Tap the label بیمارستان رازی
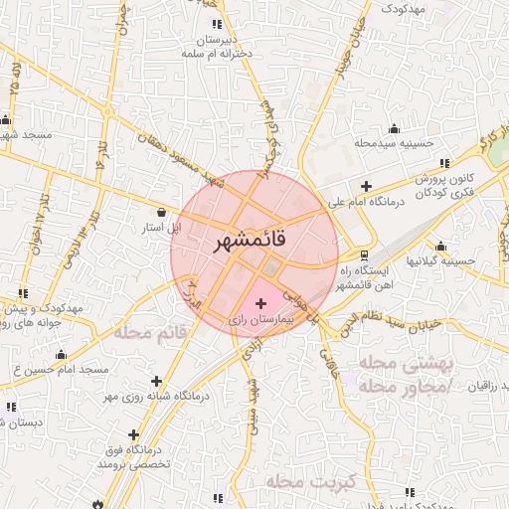click(x=261, y=319)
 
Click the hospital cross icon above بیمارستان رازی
click(x=261, y=302)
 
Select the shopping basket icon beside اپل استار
click(x=162, y=211)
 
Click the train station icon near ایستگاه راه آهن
click(x=363, y=254)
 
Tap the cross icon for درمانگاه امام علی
click(x=367, y=186)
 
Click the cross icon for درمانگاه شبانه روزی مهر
click(x=156, y=380)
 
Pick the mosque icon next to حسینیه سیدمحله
click(x=395, y=127)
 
